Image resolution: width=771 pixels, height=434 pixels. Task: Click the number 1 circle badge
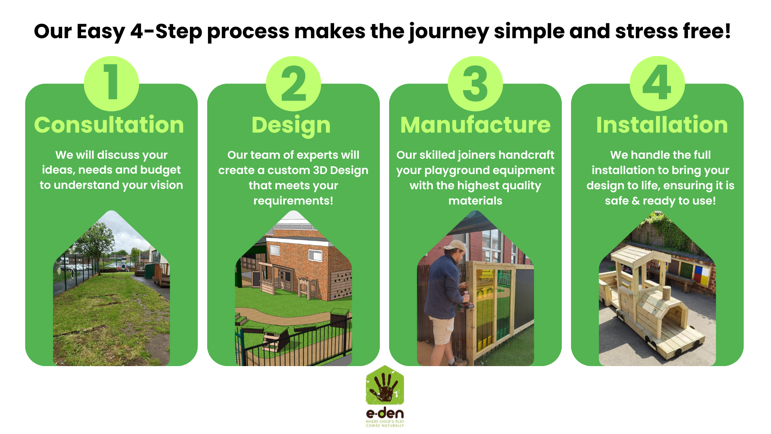111,84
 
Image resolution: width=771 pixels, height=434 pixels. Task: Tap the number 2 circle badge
293,84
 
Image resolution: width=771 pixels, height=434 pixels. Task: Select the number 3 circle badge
475,84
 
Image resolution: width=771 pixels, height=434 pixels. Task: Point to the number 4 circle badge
657,84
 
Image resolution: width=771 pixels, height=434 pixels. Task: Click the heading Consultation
109,125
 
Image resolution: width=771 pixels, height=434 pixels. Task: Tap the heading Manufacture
475,125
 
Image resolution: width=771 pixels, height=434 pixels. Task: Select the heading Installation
662,125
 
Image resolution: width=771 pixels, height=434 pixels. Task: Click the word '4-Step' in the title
166,32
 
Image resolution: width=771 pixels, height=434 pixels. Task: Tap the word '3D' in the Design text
320,170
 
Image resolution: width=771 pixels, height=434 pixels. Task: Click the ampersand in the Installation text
636,201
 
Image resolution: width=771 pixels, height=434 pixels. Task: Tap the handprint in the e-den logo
384,388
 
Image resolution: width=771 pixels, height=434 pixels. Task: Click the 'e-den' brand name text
385,413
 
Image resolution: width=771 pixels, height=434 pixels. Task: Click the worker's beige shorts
443,331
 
